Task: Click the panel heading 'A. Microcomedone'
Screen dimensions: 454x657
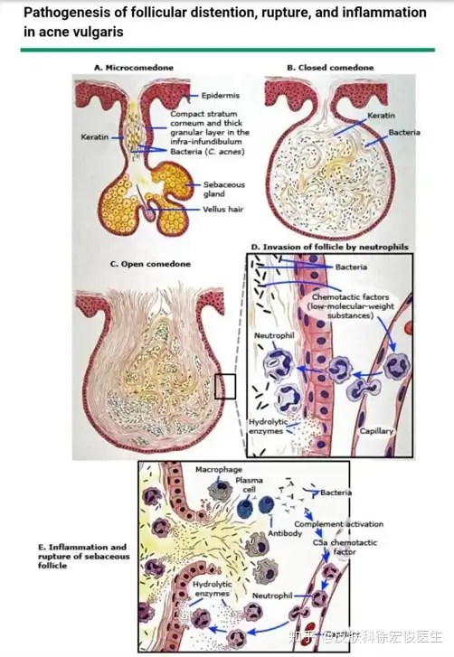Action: [x=133, y=68]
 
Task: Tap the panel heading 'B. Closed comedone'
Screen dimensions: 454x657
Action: [x=330, y=68]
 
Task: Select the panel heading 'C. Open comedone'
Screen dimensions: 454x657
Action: [x=150, y=264]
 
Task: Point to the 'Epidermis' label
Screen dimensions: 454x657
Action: [x=220, y=95]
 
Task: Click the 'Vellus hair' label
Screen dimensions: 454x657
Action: [x=223, y=209]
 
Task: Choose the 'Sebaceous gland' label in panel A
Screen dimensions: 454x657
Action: [x=224, y=189]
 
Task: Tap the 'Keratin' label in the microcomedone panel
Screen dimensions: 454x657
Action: [x=94, y=136]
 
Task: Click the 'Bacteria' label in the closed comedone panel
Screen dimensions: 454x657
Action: [x=403, y=132]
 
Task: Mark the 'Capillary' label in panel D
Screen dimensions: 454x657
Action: [x=376, y=431]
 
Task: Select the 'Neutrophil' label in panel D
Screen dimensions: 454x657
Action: [x=274, y=335]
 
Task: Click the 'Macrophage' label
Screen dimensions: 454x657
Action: [x=218, y=470]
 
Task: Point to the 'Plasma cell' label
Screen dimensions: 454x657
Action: [x=249, y=484]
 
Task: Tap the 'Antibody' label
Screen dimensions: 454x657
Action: [x=285, y=533]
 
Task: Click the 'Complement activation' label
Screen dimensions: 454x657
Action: [x=339, y=524]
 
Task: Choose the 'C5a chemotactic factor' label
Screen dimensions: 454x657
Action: [x=345, y=547]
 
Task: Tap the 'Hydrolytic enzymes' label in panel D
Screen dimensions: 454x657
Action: [x=269, y=427]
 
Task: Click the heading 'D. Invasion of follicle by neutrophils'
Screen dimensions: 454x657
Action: [x=329, y=247]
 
